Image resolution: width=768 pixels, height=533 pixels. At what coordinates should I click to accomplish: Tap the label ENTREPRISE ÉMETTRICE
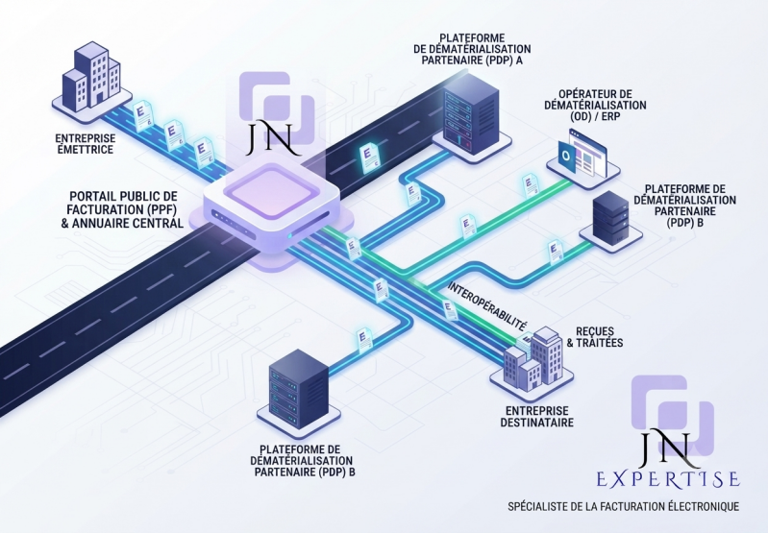click(86, 144)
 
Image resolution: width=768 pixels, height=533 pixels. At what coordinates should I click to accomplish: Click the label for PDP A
click(473, 49)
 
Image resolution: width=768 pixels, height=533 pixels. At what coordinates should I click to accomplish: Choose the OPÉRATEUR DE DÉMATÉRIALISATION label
click(595, 106)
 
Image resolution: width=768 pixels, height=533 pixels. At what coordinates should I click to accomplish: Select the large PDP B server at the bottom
click(299, 388)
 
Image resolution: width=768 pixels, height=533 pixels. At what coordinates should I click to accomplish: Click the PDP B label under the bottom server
click(302, 461)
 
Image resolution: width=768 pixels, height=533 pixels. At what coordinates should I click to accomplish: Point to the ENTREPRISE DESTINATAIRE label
click(536, 417)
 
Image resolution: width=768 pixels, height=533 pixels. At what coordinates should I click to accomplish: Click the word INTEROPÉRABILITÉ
click(488, 306)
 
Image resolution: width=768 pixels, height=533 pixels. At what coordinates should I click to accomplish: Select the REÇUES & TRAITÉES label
click(595, 337)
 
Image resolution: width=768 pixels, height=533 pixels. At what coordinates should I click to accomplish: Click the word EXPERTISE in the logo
click(668, 479)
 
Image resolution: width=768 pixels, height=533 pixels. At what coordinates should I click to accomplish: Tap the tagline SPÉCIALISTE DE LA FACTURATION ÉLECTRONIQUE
click(623, 506)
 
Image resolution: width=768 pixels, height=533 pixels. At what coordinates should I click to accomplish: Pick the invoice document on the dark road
click(369, 157)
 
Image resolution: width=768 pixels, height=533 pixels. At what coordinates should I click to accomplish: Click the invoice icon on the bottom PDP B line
click(363, 340)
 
